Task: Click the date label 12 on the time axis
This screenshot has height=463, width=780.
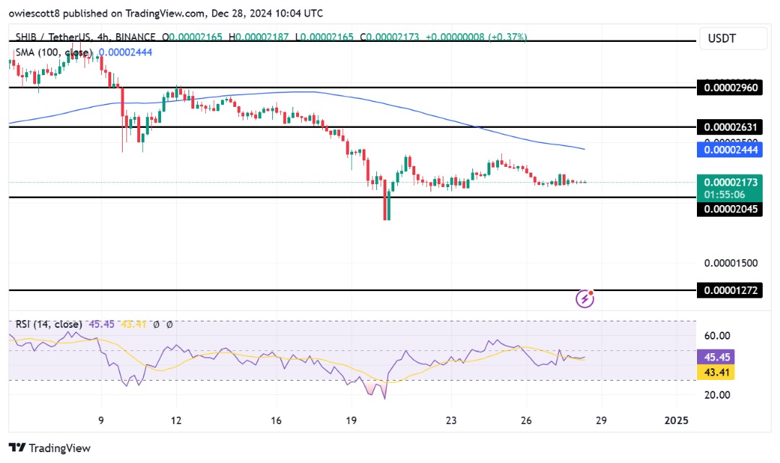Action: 175,420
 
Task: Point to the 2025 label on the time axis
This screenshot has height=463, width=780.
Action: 676,420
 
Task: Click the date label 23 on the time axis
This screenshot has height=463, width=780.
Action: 451,420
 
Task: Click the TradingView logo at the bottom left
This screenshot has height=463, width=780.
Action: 50,448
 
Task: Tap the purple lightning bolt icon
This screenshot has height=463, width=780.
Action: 585,298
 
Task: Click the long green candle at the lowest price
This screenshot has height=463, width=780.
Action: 388,205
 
